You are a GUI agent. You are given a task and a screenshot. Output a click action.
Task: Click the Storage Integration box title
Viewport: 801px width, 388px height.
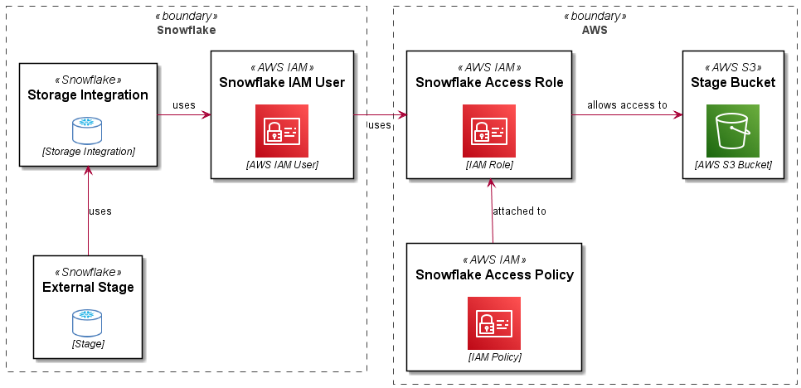coord(88,95)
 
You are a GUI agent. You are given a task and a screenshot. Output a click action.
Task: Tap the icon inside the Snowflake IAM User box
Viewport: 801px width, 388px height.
coord(282,131)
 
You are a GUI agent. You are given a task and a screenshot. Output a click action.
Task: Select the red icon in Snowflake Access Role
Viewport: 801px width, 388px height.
coord(489,131)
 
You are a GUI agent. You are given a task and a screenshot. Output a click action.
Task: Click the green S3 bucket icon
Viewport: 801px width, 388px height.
coord(733,131)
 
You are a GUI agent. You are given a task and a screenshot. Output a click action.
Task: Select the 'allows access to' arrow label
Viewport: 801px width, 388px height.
coord(627,105)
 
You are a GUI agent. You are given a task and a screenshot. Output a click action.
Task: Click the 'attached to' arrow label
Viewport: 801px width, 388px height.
coord(519,211)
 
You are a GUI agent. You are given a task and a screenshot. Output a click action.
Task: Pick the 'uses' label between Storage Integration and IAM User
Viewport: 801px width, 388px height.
coord(184,105)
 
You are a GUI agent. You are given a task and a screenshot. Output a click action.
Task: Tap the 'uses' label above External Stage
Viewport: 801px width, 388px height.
coord(100,211)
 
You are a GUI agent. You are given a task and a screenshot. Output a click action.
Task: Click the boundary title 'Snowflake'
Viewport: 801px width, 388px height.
coord(187,30)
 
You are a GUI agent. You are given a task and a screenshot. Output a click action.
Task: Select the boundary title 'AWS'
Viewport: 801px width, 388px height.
coord(595,30)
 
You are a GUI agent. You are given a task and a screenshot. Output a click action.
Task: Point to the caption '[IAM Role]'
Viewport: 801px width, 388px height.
coord(489,165)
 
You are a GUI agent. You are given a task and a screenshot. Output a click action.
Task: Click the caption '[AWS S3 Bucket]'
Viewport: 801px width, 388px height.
coord(733,165)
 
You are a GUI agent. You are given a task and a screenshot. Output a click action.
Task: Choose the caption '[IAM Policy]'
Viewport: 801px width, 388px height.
coord(494,357)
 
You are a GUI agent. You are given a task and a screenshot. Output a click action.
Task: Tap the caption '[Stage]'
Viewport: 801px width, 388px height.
coord(88,343)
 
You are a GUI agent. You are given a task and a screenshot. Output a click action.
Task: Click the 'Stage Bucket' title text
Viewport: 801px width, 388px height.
coord(733,82)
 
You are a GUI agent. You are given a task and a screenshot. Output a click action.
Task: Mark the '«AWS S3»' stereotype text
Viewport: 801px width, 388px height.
coord(733,67)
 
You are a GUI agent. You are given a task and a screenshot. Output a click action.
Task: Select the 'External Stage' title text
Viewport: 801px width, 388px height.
coord(88,288)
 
